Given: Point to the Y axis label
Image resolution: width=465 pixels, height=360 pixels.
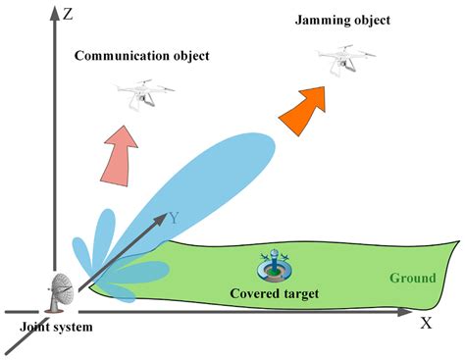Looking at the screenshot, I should [172, 218].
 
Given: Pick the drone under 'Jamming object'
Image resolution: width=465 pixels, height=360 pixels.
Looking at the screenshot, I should [343, 61].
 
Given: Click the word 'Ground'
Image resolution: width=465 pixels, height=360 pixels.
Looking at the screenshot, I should [411, 279].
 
